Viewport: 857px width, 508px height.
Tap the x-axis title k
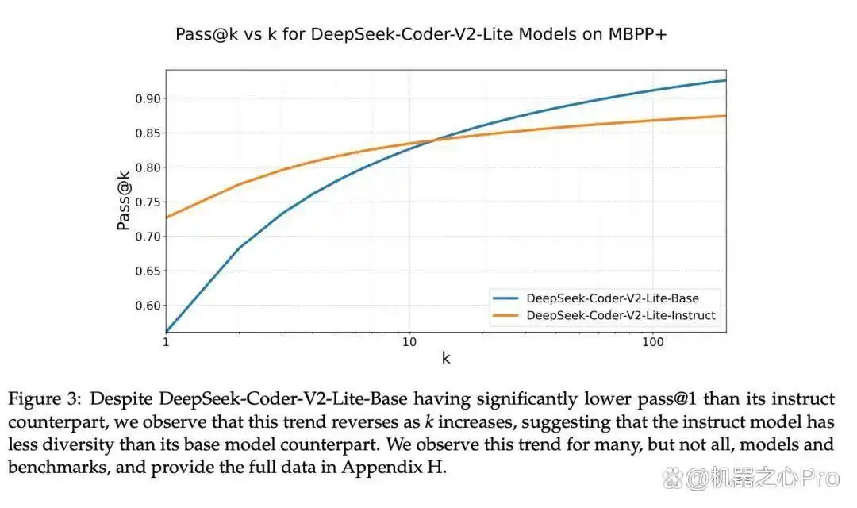coord(446,358)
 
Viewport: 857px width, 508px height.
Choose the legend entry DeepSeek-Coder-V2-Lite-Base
coord(612,298)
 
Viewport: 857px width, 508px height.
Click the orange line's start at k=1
coord(167,217)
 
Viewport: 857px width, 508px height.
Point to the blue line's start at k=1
coord(167,331)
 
